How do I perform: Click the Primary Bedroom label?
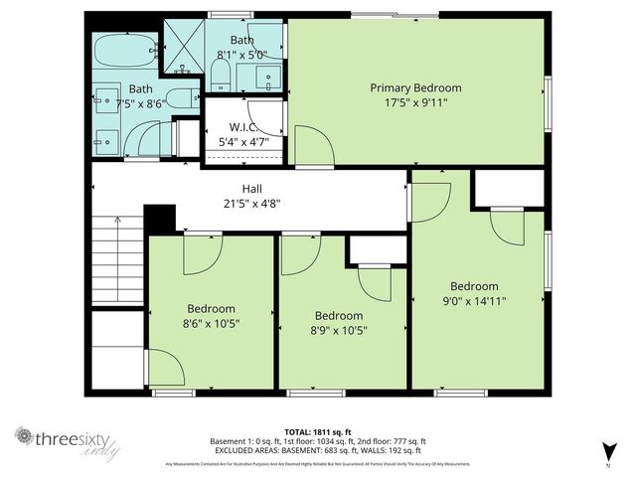click(416, 87)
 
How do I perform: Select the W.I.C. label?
click(243, 126)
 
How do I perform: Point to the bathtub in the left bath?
click(125, 50)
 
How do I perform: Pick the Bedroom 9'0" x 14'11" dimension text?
click(474, 300)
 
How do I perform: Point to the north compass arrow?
click(607, 450)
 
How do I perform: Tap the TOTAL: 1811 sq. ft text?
click(317, 431)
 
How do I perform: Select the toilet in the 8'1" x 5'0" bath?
click(221, 76)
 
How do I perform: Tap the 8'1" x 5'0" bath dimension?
click(243, 56)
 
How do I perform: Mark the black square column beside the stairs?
click(159, 219)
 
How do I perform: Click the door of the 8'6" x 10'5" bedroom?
click(203, 253)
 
